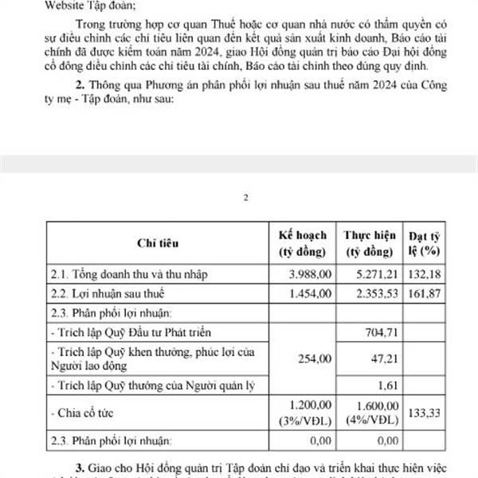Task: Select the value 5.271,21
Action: [x=374, y=274]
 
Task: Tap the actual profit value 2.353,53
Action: [x=374, y=292]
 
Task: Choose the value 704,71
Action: [x=379, y=331]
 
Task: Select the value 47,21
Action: [x=382, y=358]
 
